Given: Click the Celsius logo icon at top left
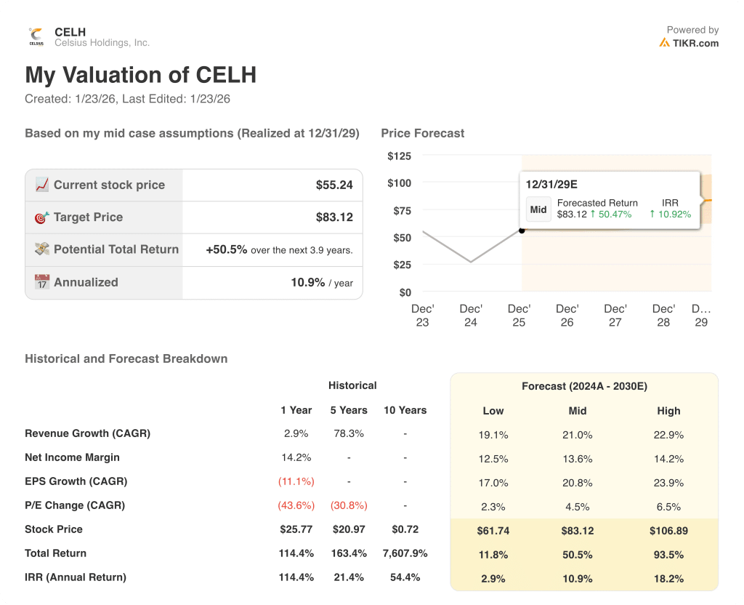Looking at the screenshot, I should [36, 36].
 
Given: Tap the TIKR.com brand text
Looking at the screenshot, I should [695, 43].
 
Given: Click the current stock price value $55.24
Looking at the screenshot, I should [334, 185].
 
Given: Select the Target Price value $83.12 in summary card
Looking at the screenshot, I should [334, 217].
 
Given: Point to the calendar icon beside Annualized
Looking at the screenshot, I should [42, 282].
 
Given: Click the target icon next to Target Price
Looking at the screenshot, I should [42, 217].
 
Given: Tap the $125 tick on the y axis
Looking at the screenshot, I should [399, 156].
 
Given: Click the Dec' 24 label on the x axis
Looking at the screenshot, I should [471, 316].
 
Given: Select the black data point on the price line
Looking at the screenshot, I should [522, 231].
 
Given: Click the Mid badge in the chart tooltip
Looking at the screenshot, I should [538, 209].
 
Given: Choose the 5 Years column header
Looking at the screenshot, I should [349, 410].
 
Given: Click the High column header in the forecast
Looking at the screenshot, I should [668, 411].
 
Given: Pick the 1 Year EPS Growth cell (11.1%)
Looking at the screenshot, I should [296, 481].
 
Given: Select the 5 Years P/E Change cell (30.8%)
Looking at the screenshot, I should [349, 505].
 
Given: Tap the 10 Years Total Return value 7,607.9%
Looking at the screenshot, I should [405, 553].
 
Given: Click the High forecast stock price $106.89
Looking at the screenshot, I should [668, 531].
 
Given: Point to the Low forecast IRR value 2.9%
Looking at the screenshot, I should [493, 579].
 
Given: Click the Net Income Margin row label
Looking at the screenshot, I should [72, 457].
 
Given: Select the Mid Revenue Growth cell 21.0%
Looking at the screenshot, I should [578, 435].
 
